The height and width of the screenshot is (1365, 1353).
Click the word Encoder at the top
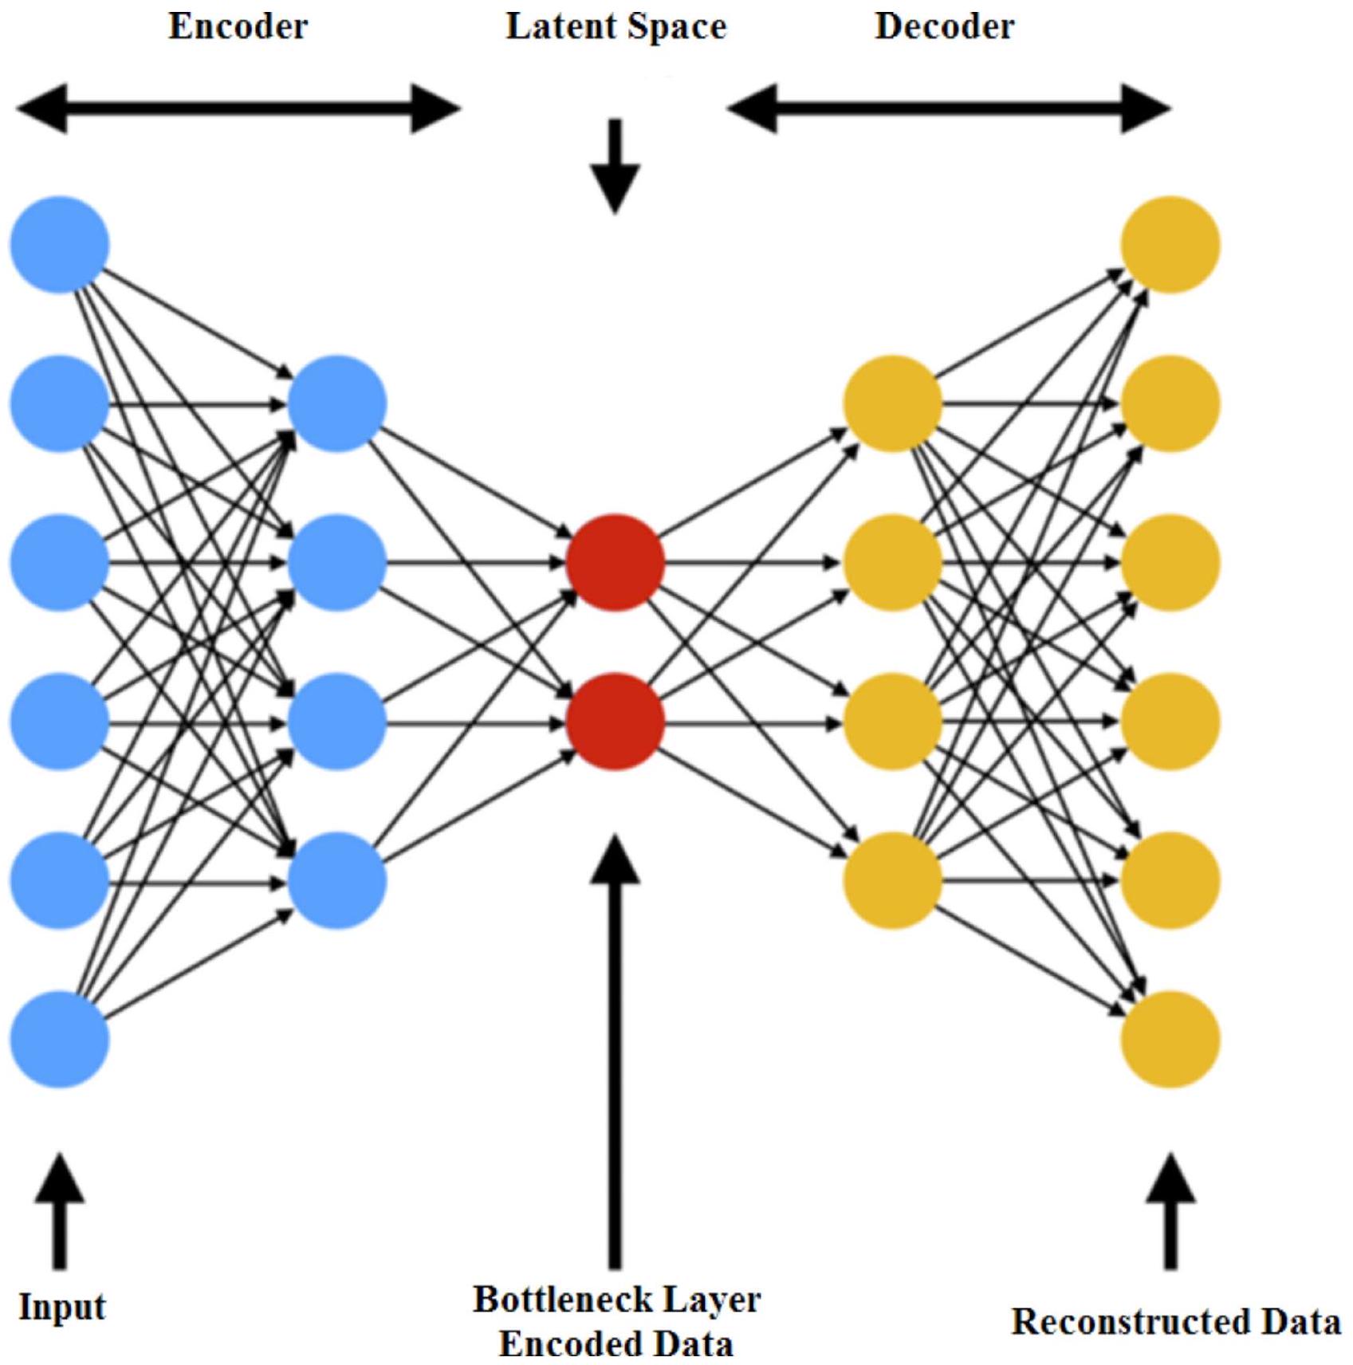(x=238, y=27)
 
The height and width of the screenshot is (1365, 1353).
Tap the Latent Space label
(x=616, y=27)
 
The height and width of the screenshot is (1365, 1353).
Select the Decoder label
(x=945, y=27)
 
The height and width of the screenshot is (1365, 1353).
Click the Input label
(x=62, y=1308)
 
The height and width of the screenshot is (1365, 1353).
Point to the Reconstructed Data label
(x=1176, y=1323)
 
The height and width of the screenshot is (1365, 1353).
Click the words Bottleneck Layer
(x=616, y=1300)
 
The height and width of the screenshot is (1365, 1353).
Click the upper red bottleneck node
(x=616, y=563)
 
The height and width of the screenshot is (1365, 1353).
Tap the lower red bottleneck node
(x=616, y=722)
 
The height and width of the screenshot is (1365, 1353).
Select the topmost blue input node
(x=60, y=245)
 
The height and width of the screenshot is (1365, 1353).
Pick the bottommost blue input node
(x=60, y=1039)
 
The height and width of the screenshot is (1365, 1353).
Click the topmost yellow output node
(x=1170, y=245)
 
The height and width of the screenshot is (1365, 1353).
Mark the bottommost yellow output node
(x=1170, y=1039)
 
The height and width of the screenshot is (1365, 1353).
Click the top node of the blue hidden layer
(x=337, y=404)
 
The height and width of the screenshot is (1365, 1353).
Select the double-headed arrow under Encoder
(x=238, y=108)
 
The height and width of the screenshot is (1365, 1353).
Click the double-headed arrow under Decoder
(x=949, y=108)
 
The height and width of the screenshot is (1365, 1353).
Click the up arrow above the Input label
(x=59, y=1212)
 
